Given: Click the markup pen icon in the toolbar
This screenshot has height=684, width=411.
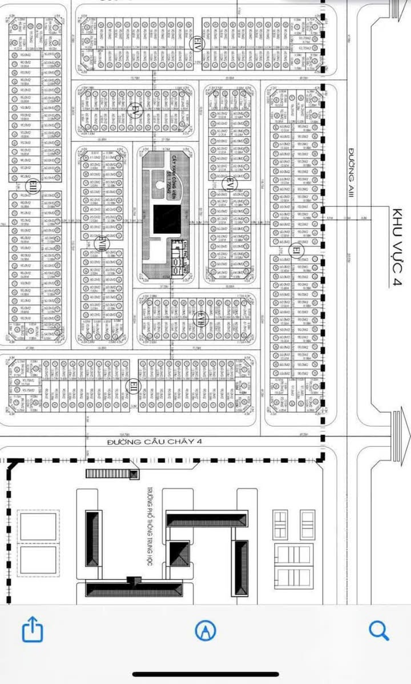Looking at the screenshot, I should point(205,630).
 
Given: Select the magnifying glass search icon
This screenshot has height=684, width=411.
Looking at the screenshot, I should point(378,630).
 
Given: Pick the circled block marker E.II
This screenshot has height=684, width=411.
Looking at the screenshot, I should point(133,387).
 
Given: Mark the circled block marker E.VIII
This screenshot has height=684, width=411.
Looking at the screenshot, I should point(102,243).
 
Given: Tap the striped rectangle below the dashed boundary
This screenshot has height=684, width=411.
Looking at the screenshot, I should point(112,473).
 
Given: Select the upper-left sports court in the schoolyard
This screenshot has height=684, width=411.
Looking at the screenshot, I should point(38,526).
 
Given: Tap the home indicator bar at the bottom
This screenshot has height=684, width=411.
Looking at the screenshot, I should point(205,674).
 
